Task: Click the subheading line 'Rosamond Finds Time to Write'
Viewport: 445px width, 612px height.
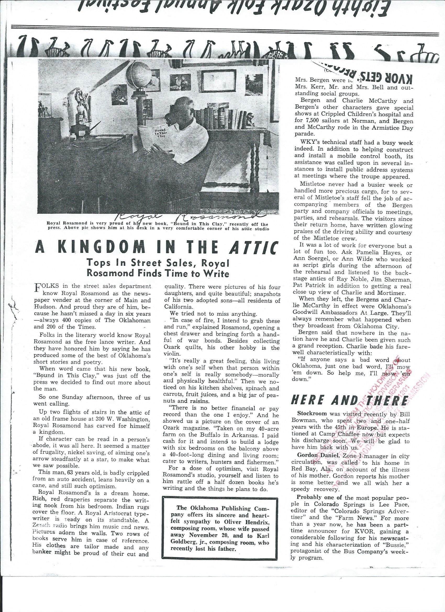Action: tap(158, 273)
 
